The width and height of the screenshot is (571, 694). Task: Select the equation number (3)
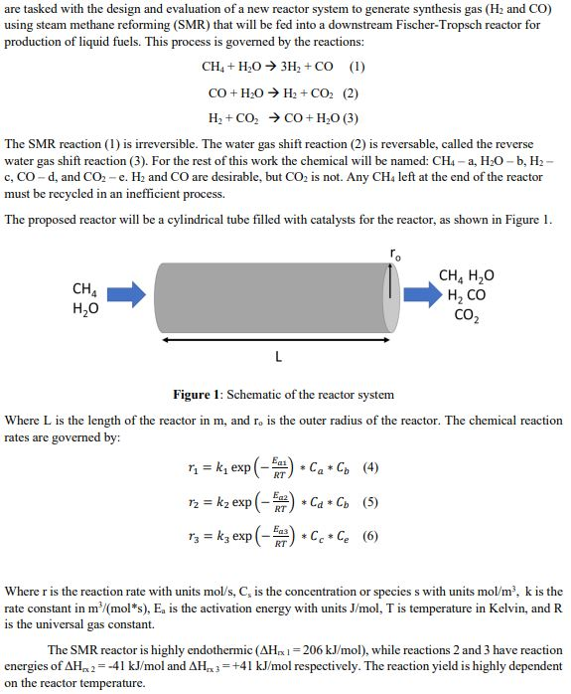[x=350, y=116]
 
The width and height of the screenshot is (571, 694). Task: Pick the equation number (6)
[x=369, y=537]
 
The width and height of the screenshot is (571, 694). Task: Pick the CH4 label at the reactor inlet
[x=85, y=289]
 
